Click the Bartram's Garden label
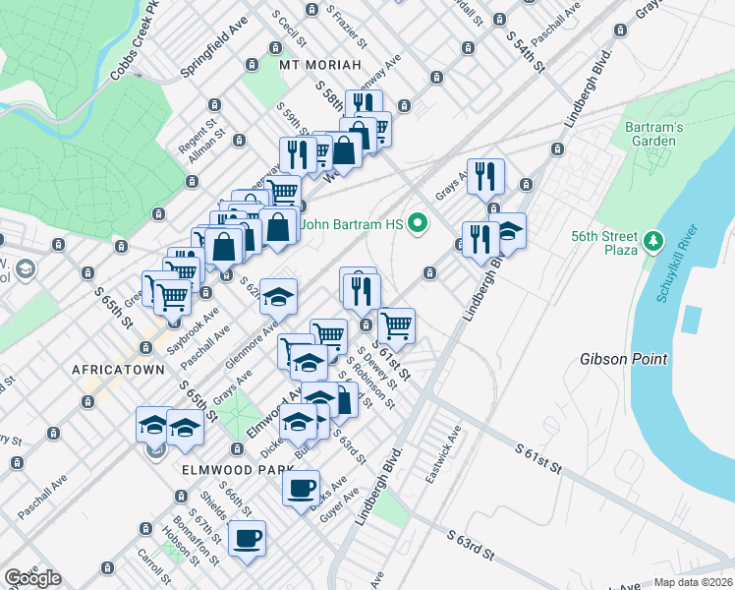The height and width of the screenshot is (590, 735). click(650, 134)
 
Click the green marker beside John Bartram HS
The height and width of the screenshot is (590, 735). click(418, 224)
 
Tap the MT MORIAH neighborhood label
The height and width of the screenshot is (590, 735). click(314, 65)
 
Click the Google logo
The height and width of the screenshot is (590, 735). click(32, 578)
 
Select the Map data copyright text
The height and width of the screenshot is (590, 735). click(694, 582)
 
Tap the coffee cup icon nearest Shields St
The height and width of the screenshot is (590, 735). click(247, 538)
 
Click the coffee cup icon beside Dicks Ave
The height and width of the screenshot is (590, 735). click(301, 487)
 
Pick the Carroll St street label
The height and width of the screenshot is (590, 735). click(152, 566)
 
